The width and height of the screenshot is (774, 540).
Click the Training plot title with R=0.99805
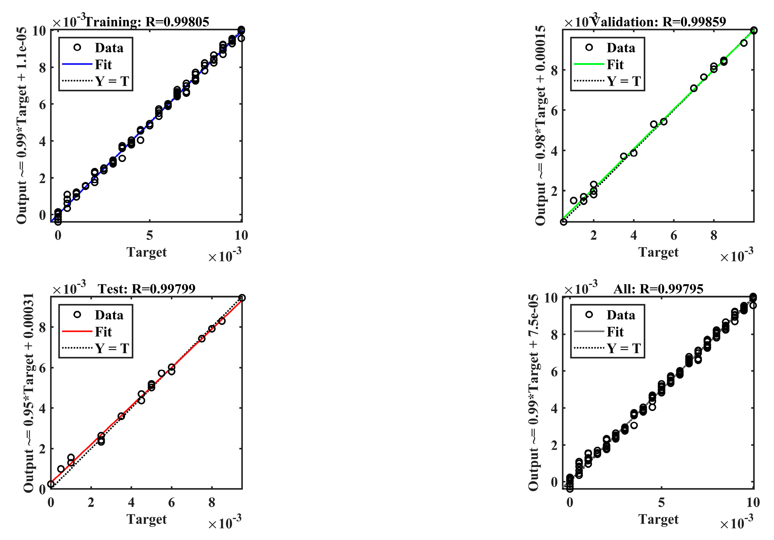tap(147, 22)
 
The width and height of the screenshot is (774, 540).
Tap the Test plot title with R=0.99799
tap(147, 289)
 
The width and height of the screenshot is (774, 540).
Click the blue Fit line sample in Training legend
tap(77, 64)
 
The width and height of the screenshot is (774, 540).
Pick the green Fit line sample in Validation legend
tap(589, 64)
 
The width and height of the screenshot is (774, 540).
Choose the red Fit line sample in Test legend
tap(77, 332)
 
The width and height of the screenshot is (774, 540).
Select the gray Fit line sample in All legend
tap(589, 332)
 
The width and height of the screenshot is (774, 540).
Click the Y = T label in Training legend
tap(112, 81)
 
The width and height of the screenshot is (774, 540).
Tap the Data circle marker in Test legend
tap(77, 315)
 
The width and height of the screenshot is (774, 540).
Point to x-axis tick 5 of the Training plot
tap(149, 235)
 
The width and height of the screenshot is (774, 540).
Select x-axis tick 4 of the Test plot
tap(131, 503)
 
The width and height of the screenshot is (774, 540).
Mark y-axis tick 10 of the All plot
tap(551, 298)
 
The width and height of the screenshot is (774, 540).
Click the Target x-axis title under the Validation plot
tap(658, 252)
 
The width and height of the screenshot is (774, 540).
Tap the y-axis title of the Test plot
tap(29, 392)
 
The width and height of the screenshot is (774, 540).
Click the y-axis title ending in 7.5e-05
tap(533, 392)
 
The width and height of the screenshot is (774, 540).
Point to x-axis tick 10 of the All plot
tap(753, 503)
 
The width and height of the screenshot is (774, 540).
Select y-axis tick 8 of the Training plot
tap(42, 68)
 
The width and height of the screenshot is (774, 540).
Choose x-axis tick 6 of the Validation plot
tap(674, 235)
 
